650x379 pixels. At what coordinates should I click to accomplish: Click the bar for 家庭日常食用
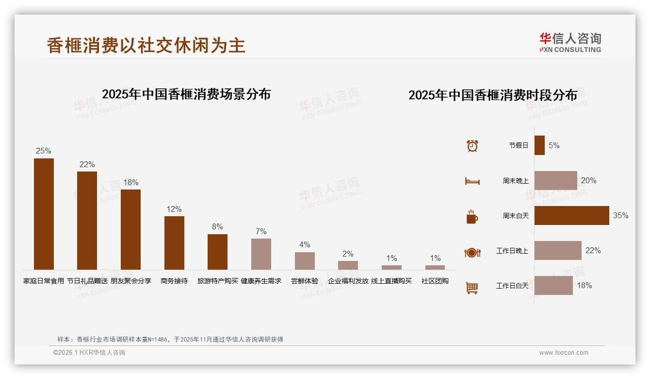coord(44,214)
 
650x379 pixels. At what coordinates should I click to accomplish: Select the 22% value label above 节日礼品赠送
coord(87,164)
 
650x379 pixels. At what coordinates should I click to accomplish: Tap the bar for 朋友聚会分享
coord(130,229)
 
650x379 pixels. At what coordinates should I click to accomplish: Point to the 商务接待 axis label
coord(174,281)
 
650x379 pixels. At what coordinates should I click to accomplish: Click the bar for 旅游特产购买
coord(217,252)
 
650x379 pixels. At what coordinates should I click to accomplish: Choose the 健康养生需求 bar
coord(261,254)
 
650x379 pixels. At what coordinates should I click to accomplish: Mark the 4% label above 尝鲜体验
coord(305,244)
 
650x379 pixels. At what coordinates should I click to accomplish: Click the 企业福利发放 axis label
coord(348,281)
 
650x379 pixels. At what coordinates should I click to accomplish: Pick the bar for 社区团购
coord(435,267)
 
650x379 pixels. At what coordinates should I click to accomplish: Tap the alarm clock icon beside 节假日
coord(472,146)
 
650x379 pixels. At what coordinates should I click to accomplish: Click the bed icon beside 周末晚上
coord(472,181)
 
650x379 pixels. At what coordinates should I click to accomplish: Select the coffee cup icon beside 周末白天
coord(472,216)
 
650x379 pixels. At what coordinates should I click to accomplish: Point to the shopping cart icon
coord(472,288)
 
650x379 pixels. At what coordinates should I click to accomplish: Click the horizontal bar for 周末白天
coord(571,215)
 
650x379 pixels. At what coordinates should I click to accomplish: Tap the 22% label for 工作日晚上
coord(593,250)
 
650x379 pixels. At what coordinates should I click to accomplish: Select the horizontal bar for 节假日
coord(539,145)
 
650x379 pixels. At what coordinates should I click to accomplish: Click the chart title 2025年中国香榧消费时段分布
coord(493,95)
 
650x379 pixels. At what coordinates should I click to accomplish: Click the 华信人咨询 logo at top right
coord(570,42)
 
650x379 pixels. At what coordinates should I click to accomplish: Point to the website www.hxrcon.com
coord(564,353)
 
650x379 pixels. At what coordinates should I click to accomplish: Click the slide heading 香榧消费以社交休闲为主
coord(146,45)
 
